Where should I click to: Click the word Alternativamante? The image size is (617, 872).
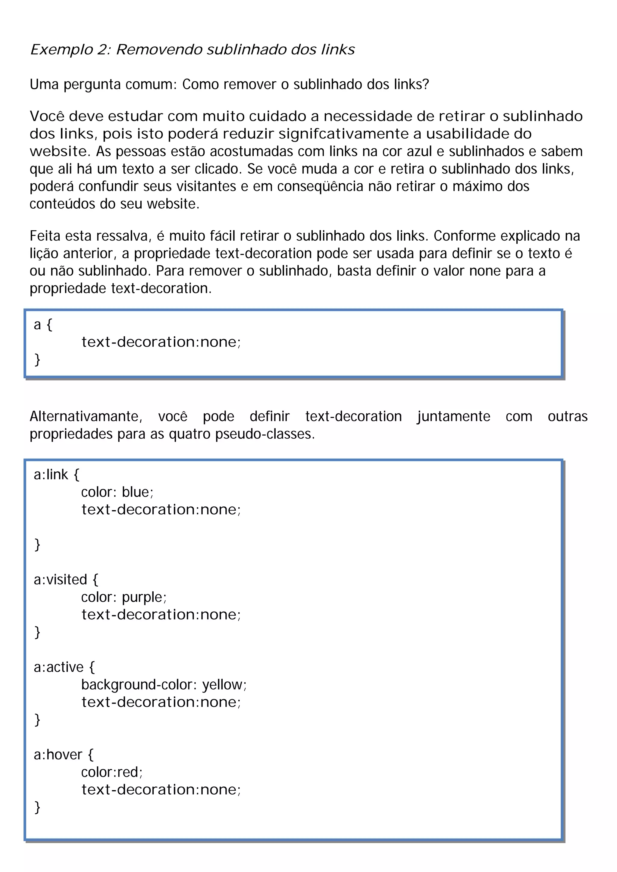coord(86,417)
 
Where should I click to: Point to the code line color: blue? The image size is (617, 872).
coord(117,492)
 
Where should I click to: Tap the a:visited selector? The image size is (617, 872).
coord(66,580)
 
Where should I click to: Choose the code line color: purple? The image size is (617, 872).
coord(124,597)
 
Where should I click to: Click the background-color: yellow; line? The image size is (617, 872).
coord(164,685)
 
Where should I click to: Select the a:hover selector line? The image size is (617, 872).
coord(63,755)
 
